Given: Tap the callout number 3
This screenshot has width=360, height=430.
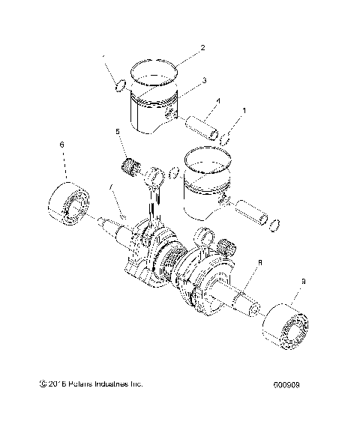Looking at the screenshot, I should [x=205, y=79].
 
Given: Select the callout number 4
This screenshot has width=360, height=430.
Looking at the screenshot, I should [x=217, y=100].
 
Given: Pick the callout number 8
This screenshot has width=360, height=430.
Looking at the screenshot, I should [x=259, y=263].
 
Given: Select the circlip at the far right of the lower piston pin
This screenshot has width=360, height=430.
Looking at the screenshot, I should [x=275, y=223].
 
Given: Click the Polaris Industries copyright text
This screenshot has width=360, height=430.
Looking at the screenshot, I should [x=89, y=385].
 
